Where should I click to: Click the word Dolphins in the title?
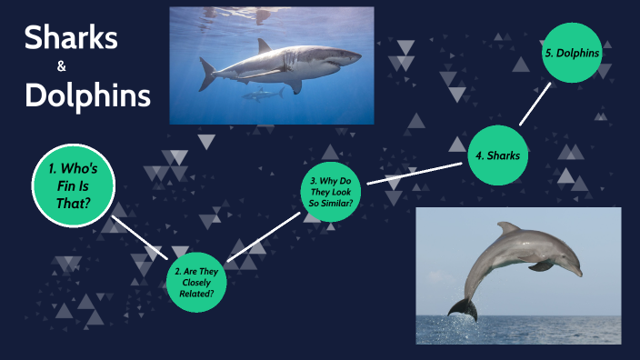[x=87, y=95]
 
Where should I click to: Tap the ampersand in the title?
[x=62, y=66]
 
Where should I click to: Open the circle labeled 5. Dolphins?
[x=572, y=53]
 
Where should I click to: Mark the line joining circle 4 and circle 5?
[x=536, y=102]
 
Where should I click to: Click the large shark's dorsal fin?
[x=265, y=45]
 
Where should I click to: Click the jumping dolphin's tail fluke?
[x=463, y=307]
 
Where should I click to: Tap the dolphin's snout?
[x=576, y=270]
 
